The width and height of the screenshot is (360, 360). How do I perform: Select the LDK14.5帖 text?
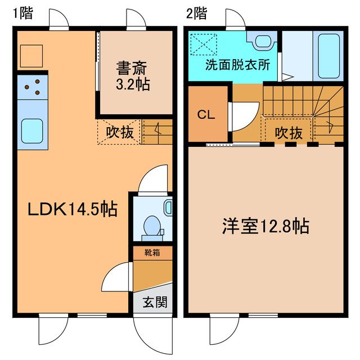pos(73,209)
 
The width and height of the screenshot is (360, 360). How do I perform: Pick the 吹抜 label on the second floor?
pos(289,133)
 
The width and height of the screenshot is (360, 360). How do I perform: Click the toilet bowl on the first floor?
pos(151,226)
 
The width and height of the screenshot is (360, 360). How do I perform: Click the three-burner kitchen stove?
pos(33,86)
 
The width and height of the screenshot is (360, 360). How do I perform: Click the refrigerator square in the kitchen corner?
pos(31,55)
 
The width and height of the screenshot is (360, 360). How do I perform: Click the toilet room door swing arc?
pos(153,179)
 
